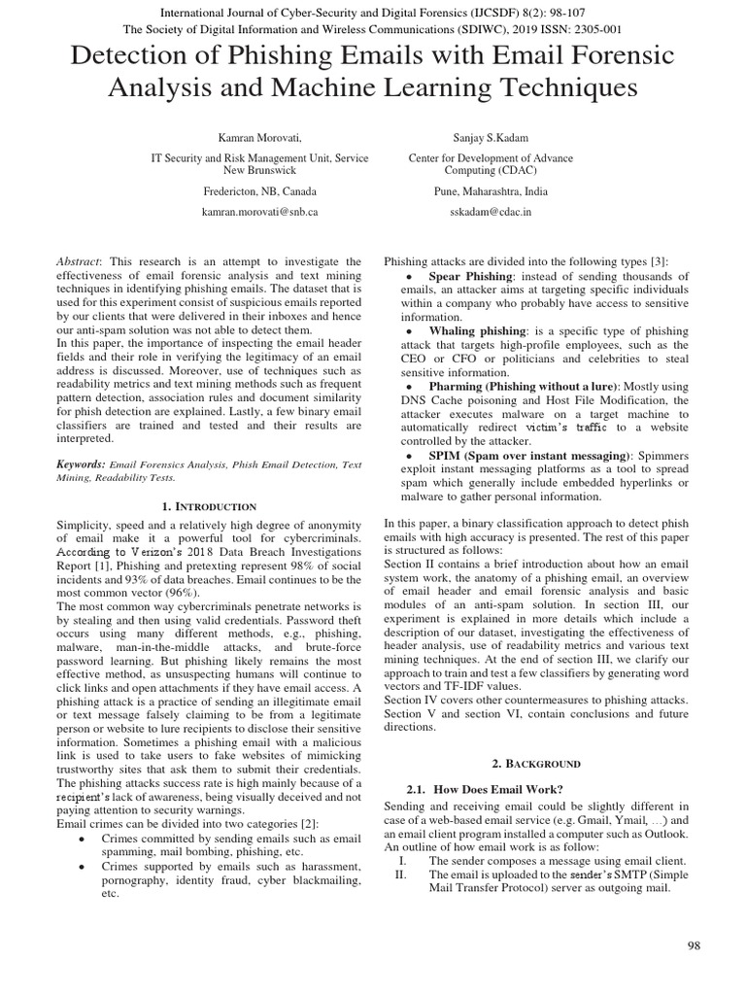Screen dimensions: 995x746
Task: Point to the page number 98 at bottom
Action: pyautogui.click(x=693, y=944)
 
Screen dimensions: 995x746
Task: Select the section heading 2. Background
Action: pyautogui.click(x=536, y=764)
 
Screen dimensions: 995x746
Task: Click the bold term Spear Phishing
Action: pyautogui.click(x=471, y=277)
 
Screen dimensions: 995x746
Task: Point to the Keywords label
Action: pyautogui.click(x=81, y=465)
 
